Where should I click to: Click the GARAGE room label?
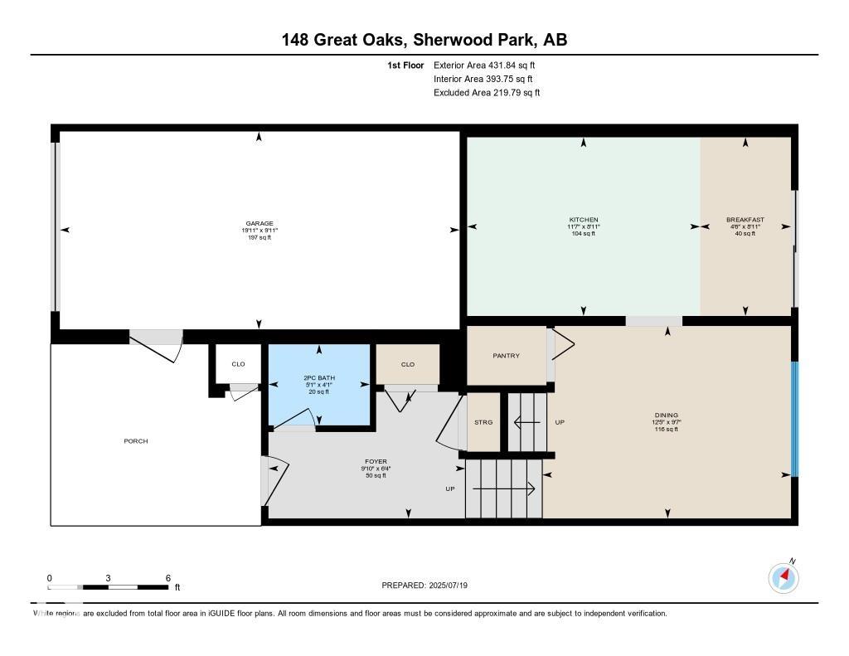tap(259, 223)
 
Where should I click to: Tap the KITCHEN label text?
tap(584, 220)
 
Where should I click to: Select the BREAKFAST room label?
tap(745, 220)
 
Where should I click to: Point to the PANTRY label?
tap(506, 356)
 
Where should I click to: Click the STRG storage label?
tap(483, 422)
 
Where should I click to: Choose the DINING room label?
tap(666, 415)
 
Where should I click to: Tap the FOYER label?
tap(376, 462)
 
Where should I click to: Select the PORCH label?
tap(136, 441)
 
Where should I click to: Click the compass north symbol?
tap(784, 577)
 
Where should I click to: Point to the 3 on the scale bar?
tap(109, 578)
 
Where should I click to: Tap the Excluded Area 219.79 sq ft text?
tap(487, 93)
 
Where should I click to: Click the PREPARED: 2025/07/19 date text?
tap(424, 586)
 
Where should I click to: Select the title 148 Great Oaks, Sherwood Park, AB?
tap(424, 40)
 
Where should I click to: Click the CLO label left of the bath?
tap(238, 364)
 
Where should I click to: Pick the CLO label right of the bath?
tap(407, 364)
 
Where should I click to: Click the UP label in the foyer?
tap(450, 489)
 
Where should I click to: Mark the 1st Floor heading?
tap(405, 65)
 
